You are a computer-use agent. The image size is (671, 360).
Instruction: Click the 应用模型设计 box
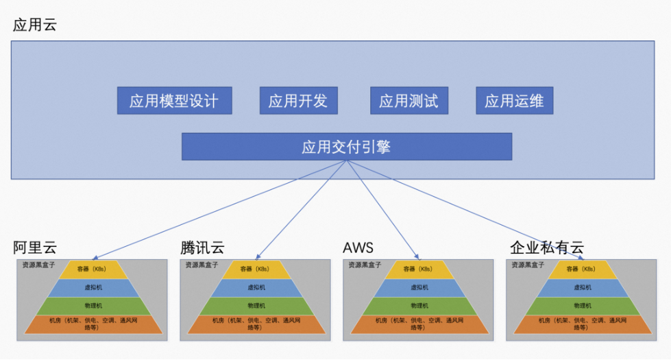174,101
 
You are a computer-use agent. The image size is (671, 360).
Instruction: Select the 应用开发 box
297,101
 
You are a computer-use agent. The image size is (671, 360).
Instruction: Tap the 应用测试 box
408,101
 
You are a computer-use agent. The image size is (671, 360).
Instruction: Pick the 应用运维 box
514,101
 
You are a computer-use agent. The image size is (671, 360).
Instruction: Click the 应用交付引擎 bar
346,147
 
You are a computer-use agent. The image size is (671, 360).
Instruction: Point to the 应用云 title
35,26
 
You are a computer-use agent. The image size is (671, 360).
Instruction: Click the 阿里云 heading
35,248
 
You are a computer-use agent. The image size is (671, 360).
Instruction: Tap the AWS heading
358,248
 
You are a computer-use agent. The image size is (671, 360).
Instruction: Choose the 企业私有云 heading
546,248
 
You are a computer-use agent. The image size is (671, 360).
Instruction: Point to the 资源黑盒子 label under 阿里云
38,265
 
